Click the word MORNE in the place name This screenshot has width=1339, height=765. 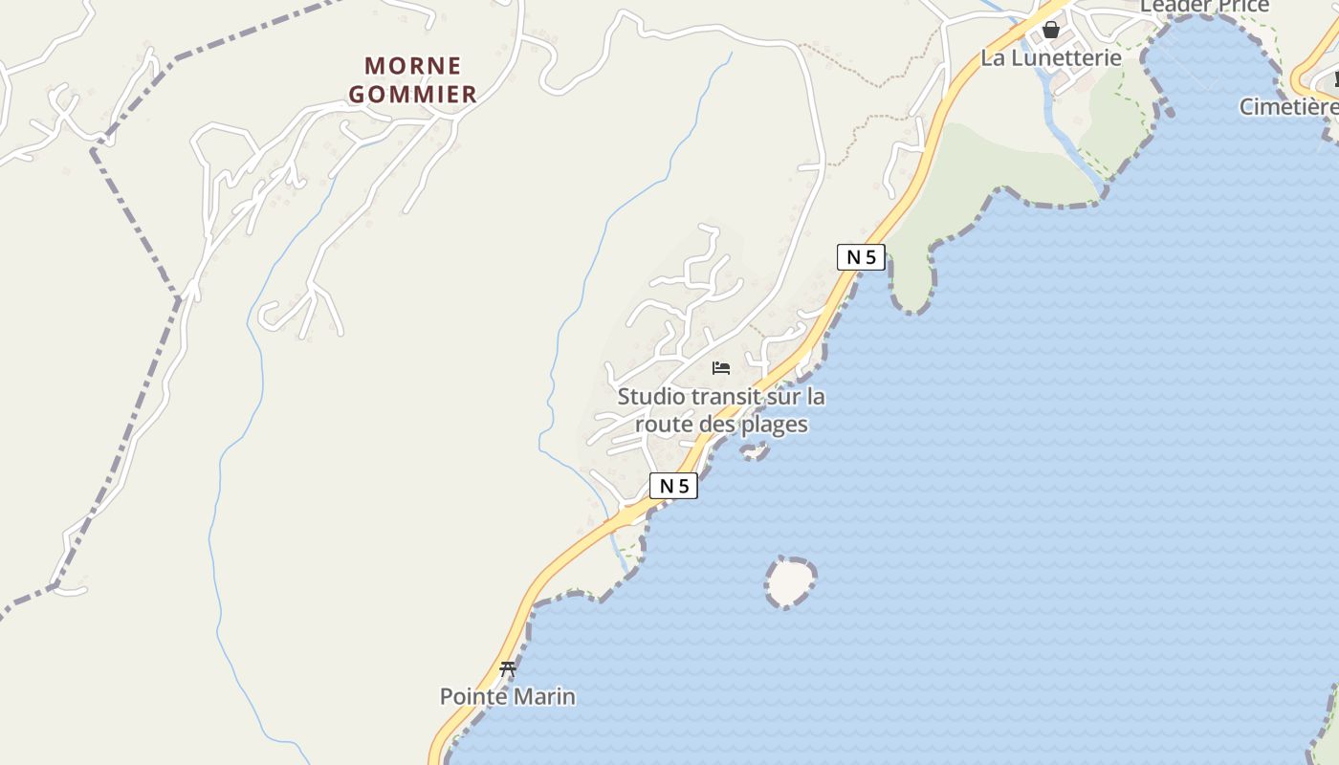413,66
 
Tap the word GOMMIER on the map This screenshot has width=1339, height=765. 412,94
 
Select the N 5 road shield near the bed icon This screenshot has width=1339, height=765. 674,486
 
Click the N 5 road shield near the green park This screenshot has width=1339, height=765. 861,257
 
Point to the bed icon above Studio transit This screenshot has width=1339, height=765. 721,368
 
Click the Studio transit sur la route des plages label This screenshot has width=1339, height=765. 721,410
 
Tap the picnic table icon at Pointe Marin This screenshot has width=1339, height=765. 508,669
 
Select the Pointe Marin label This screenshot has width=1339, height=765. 508,696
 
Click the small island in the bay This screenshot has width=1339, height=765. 790,581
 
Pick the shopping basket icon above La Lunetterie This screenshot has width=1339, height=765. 1051,30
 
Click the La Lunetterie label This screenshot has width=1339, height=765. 1051,57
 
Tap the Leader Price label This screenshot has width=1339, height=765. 1205,7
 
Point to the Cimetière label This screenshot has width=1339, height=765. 1288,107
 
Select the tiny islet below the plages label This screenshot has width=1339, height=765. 755,450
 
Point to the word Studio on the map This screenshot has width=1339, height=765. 649,396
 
